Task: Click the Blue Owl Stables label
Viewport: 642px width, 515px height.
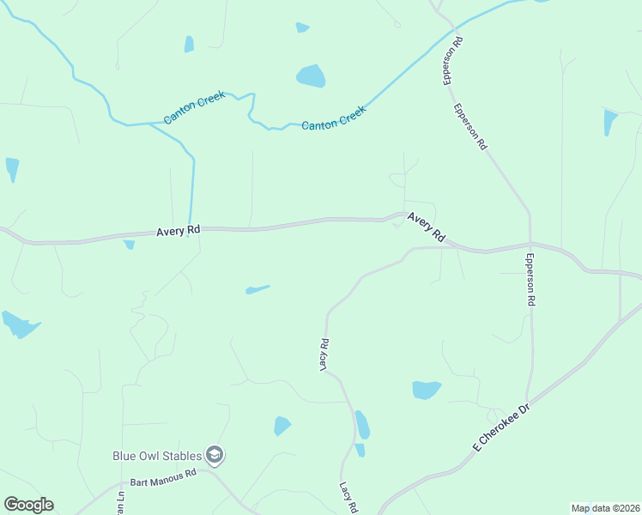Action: pyautogui.click(x=157, y=456)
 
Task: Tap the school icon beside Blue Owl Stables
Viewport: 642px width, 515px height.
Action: pyautogui.click(x=215, y=455)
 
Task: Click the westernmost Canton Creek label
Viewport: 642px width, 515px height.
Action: pyautogui.click(x=195, y=107)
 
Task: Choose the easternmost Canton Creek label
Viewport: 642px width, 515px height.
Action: pyautogui.click(x=334, y=117)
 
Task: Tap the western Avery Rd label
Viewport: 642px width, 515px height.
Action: pyautogui.click(x=179, y=231)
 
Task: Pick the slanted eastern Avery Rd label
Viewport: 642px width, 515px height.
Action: pyautogui.click(x=427, y=227)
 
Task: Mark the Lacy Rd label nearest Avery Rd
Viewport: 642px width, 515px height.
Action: pyautogui.click(x=325, y=354)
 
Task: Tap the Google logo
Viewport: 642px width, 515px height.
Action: pyautogui.click(x=28, y=505)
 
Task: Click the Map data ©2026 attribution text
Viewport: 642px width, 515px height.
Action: pyautogui.click(x=605, y=508)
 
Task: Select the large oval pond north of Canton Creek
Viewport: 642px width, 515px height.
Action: pyautogui.click(x=311, y=76)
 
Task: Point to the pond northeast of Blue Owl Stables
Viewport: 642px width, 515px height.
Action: pyautogui.click(x=282, y=426)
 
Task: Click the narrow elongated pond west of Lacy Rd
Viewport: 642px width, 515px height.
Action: pyautogui.click(x=257, y=289)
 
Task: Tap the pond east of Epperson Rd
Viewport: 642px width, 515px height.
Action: pyautogui.click(x=609, y=121)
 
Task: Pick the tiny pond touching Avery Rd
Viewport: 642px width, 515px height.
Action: pyautogui.click(x=130, y=245)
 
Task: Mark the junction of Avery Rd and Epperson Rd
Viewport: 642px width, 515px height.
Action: pyautogui.click(x=530, y=245)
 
